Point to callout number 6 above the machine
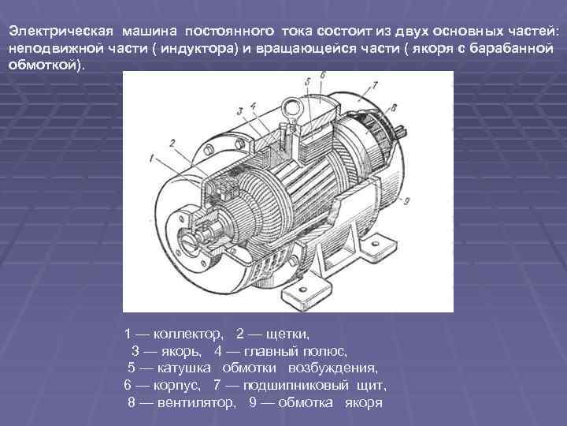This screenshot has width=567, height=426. [321, 76]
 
